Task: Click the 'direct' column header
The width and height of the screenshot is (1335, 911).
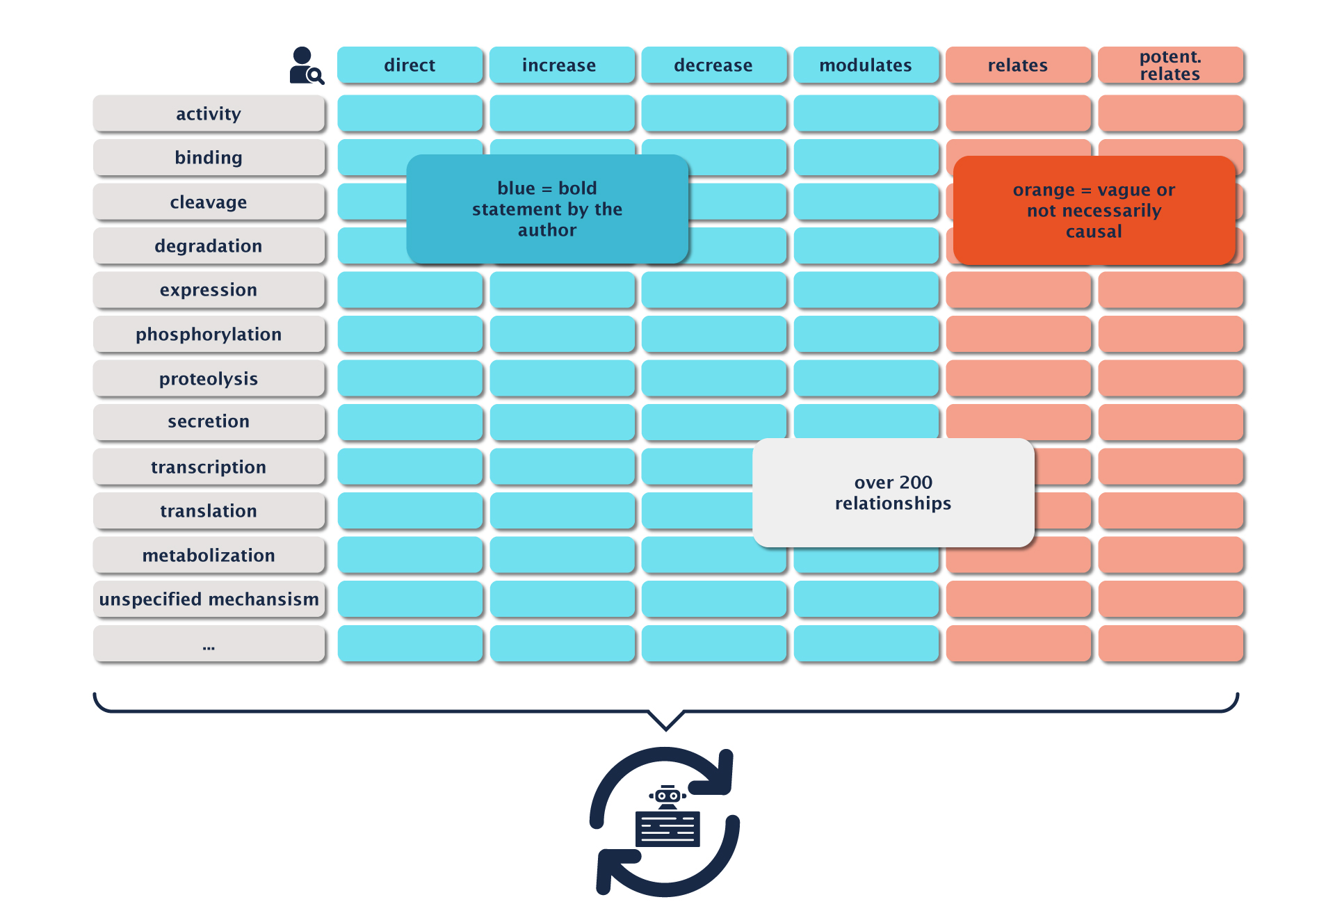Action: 410,65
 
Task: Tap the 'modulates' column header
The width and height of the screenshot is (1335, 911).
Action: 866,65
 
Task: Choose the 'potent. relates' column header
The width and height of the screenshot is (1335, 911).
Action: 1170,65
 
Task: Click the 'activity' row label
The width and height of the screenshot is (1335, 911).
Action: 209,113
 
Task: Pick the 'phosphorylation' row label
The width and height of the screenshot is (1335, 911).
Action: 209,334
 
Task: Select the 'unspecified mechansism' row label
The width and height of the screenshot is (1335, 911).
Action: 209,599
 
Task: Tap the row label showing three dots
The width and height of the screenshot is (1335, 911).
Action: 209,644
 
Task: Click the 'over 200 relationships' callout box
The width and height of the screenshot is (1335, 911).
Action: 893,492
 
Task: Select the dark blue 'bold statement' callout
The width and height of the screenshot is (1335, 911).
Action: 547,209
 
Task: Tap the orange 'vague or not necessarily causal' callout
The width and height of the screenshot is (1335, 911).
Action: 1094,210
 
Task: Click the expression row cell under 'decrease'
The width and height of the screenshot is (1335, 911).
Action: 713,290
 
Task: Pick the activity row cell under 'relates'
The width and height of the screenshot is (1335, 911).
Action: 1018,113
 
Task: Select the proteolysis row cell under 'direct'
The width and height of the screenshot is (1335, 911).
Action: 410,378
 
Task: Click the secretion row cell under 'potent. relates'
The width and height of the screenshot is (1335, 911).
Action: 1170,422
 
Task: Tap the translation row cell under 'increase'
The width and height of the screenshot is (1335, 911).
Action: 562,511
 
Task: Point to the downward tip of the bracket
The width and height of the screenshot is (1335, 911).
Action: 666,728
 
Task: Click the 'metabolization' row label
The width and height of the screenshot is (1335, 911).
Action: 209,555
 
